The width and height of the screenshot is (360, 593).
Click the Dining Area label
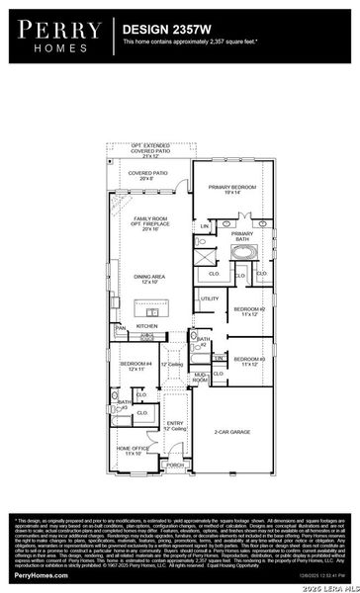pyautogui.click(x=150, y=279)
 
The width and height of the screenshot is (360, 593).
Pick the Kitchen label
pyautogui.click(x=146, y=325)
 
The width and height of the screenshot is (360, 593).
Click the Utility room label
pyautogui.click(x=210, y=298)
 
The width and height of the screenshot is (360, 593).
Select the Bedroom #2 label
pyautogui.click(x=256, y=311)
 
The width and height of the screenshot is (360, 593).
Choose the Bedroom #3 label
pyautogui.click(x=256, y=361)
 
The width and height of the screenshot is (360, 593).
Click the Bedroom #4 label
pyautogui.click(x=135, y=367)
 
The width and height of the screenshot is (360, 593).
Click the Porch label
pyautogui.click(x=174, y=465)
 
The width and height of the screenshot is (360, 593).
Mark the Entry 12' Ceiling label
pyautogui.click(x=175, y=427)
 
